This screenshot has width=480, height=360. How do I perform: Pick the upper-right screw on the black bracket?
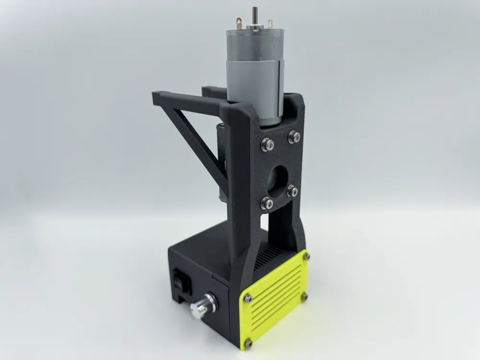click(293, 137)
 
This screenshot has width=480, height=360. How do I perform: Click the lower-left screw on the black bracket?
click(267, 203)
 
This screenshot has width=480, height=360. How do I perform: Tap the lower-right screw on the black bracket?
click(292, 191)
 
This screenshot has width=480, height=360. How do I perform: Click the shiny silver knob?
click(199, 306)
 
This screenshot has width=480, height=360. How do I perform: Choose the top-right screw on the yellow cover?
click(306, 257)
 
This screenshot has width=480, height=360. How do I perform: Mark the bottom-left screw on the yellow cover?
click(248, 343)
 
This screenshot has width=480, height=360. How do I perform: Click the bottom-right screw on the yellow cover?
click(304, 298)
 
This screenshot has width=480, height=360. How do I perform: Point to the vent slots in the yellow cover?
click(276, 298)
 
